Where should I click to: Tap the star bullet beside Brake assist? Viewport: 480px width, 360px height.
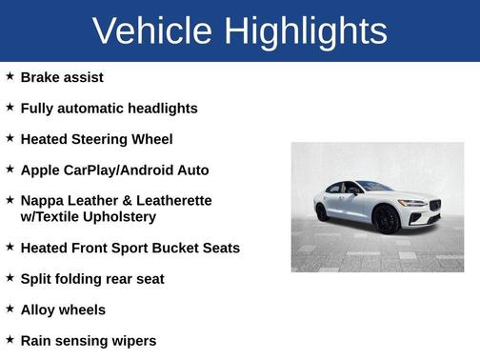click(x=10, y=76)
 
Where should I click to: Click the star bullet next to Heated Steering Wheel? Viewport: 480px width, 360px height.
click(x=10, y=138)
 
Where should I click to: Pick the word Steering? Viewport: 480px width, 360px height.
click(x=102, y=140)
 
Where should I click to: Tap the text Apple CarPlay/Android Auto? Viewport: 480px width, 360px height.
click(x=114, y=170)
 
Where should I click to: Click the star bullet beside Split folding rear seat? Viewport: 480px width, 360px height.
click(x=10, y=278)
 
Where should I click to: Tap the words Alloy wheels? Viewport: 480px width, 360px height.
click(x=63, y=310)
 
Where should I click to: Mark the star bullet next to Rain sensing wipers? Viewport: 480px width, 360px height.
click(x=10, y=339)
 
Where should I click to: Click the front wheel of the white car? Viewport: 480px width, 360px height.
click(x=387, y=220)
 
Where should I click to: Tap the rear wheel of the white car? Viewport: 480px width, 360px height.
click(x=322, y=211)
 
